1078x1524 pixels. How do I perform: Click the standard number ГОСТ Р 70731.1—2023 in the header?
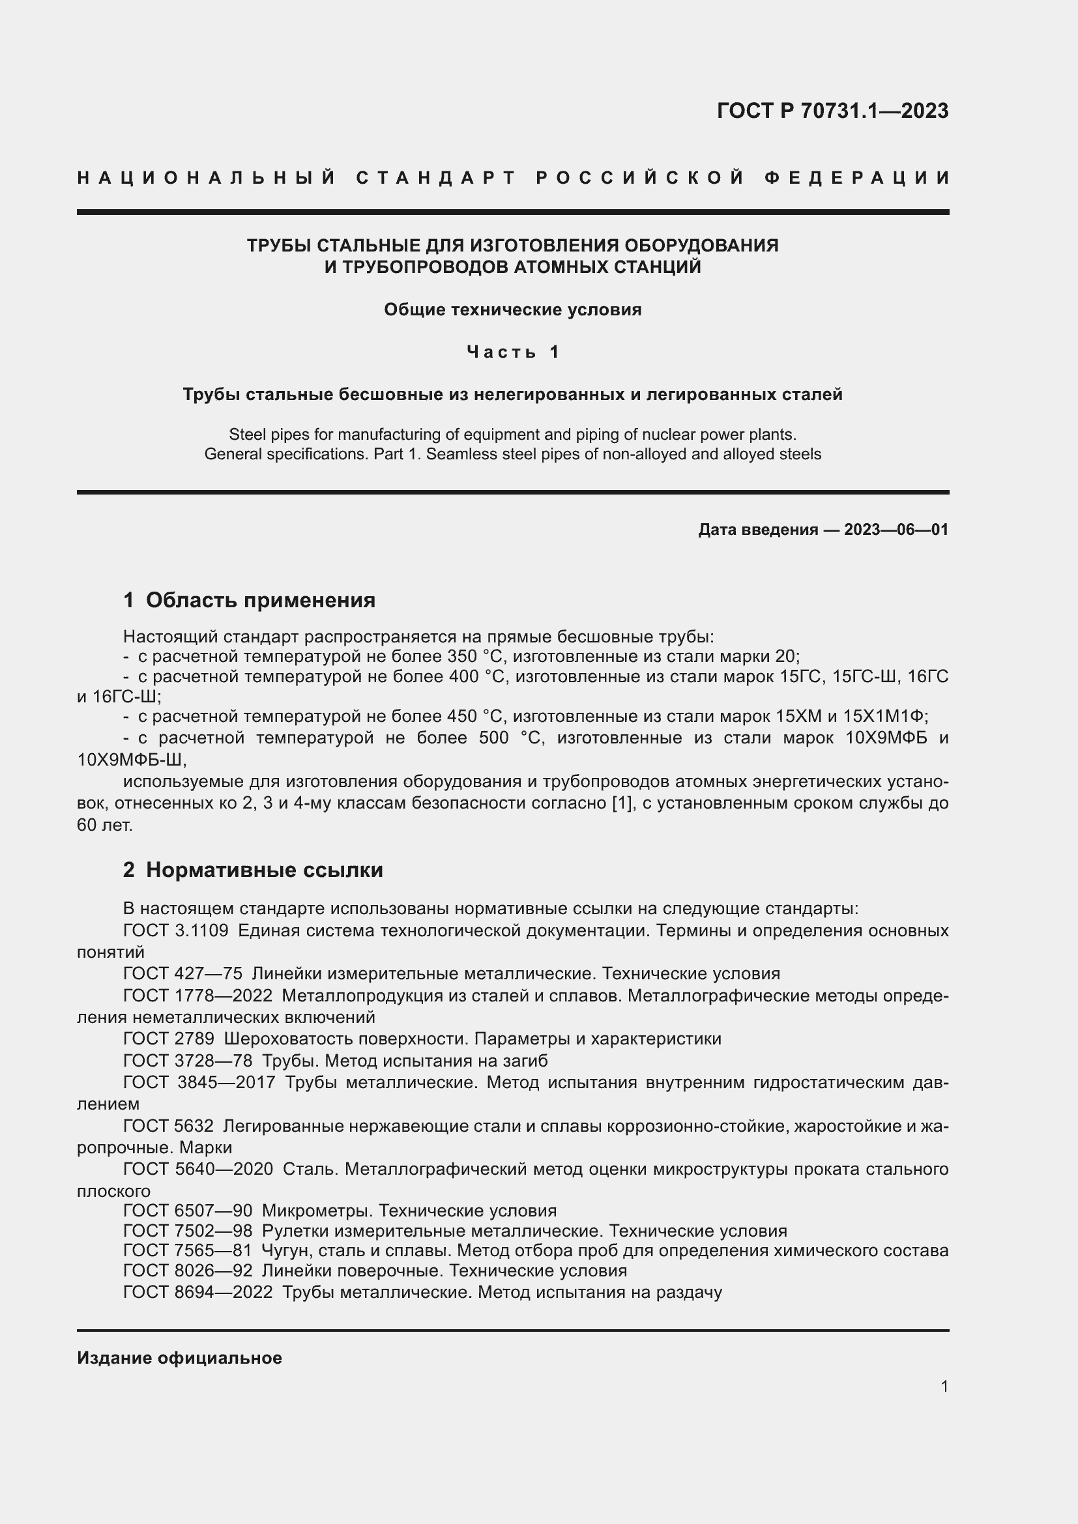pos(832,111)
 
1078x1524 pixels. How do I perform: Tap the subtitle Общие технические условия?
pos(512,310)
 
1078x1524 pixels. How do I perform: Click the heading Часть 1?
pos(512,352)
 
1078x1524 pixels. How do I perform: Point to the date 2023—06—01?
pos(896,530)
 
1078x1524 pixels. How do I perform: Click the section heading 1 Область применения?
pos(249,600)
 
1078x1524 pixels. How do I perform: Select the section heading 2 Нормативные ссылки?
pos(253,870)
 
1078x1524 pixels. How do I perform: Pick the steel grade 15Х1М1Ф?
pos(884,717)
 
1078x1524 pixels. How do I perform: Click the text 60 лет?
pos(105,825)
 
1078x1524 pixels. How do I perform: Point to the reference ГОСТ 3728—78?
pos(188,1061)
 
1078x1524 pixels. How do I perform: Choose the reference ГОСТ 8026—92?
pos(188,1271)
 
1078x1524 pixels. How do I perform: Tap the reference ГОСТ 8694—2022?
pos(198,1292)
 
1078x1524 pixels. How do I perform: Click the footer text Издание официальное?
pos(179,1358)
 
